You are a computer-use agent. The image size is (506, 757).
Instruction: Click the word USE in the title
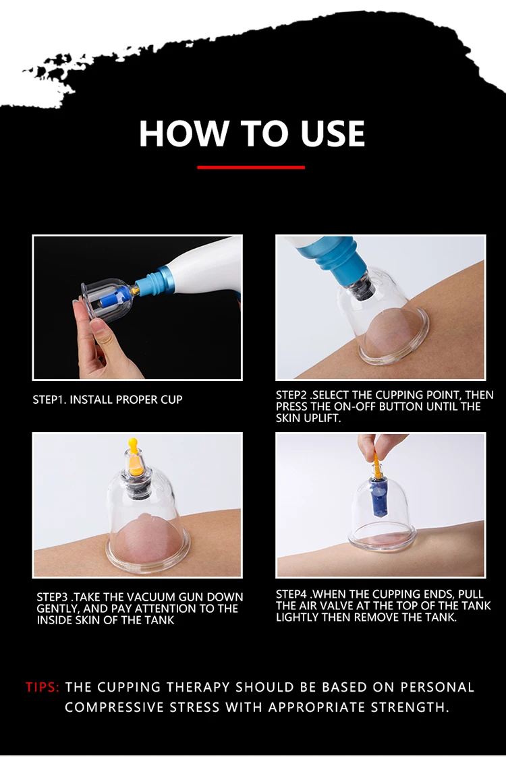(x=333, y=133)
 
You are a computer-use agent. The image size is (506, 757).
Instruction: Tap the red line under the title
(x=251, y=168)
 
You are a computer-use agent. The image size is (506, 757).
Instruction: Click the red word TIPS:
(x=43, y=686)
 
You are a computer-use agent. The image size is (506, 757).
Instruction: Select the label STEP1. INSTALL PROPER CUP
(x=107, y=400)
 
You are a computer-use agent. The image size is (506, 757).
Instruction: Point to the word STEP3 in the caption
(x=53, y=597)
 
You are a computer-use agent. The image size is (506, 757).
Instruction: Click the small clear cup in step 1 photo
(x=107, y=299)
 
